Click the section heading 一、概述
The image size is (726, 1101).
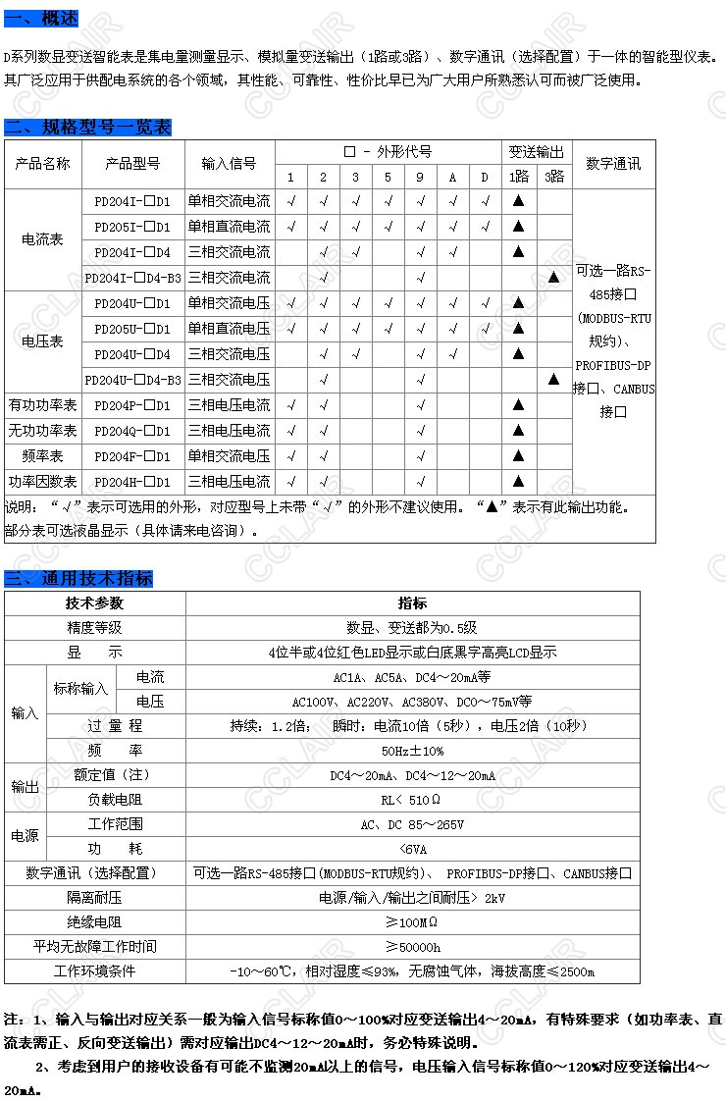41,18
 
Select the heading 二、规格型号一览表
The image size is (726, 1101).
87,128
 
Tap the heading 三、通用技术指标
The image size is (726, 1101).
78,578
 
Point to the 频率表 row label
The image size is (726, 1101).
42,456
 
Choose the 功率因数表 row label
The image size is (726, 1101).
42,482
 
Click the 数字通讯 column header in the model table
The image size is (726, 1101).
613,164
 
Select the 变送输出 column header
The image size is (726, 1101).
537,152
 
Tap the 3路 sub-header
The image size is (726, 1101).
554,177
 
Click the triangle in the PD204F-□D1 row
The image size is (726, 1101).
519,456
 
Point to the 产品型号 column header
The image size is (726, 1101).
132,164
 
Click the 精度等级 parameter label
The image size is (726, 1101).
94,628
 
